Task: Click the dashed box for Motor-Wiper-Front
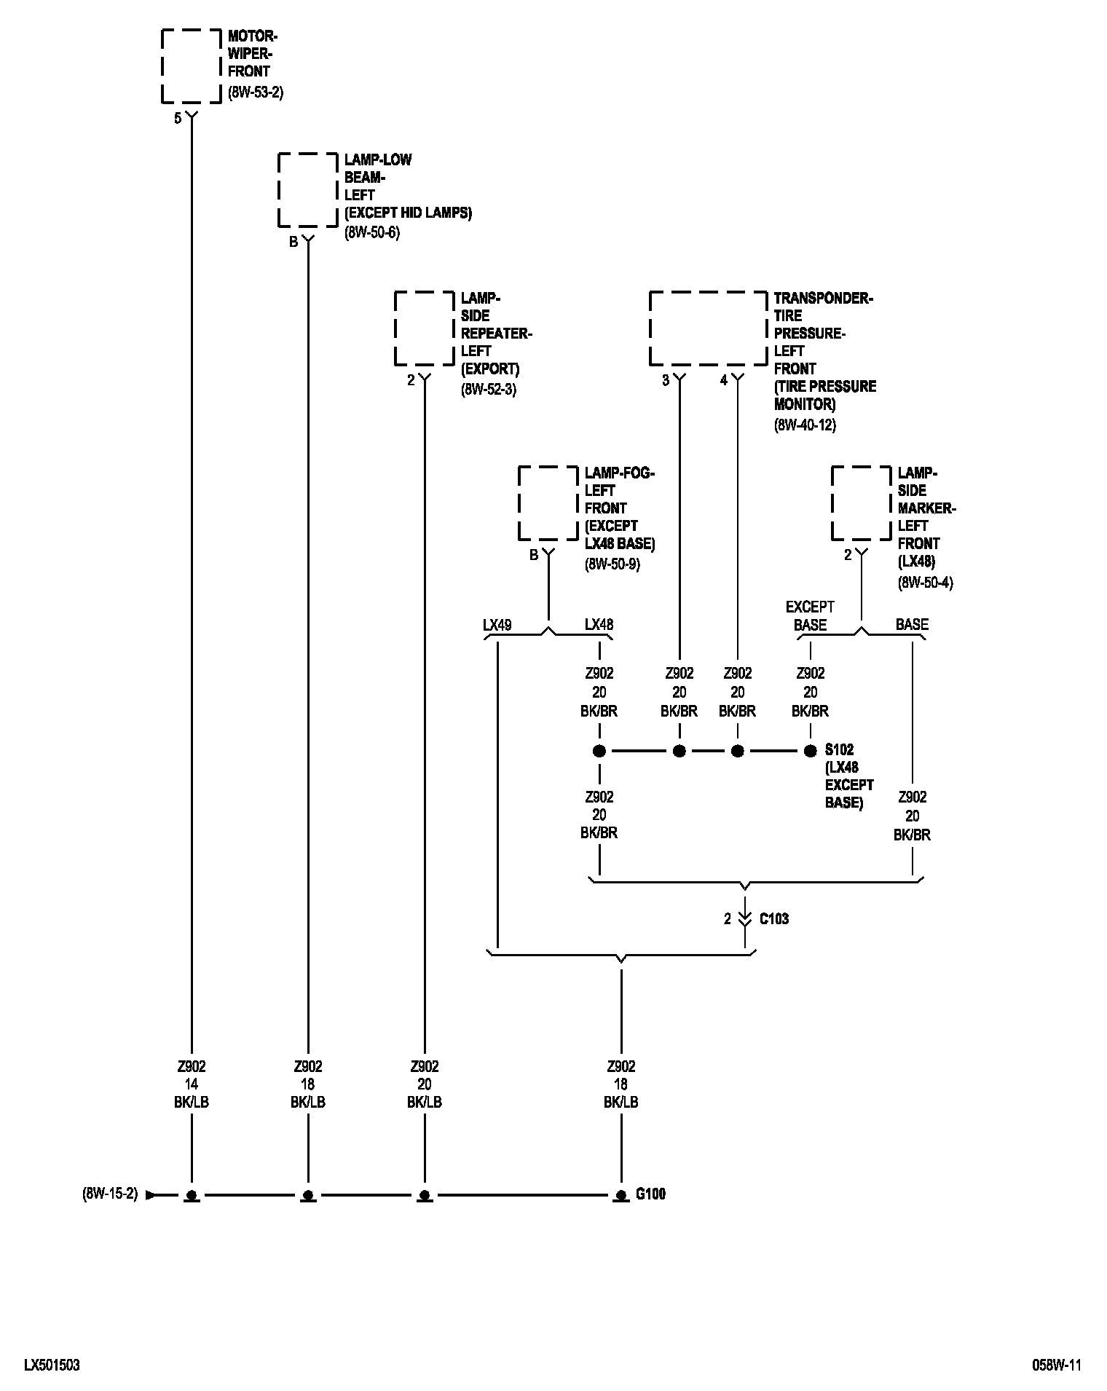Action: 191,66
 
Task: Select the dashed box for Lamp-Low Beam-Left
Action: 307,189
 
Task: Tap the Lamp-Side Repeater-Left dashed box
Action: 424,328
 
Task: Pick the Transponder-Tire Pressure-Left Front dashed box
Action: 708,328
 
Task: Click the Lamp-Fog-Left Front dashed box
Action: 548,503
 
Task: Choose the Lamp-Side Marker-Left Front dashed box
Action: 861,503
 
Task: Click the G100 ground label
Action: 650,1194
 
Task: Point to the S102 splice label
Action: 839,749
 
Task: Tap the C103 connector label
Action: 773,919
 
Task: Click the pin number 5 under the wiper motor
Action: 178,119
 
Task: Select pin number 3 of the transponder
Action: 665,380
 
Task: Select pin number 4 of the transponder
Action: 723,380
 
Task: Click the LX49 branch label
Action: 497,625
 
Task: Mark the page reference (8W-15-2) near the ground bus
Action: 110,1194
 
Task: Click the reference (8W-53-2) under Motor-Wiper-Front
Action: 255,92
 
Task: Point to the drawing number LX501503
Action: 52,1366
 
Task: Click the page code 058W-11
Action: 1056,1366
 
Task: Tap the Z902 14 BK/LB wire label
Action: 192,1084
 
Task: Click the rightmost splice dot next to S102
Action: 810,751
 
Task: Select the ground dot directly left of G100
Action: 621,1195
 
